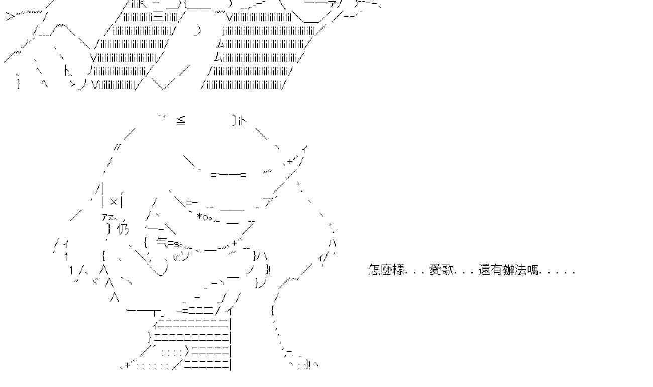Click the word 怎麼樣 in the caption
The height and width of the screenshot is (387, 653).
pos(387,270)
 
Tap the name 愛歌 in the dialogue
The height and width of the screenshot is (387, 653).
pos(442,270)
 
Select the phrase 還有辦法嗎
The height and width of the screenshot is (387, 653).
pos(508,270)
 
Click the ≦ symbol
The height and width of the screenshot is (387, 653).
pos(181,121)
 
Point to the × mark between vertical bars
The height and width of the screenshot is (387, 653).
pos(114,201)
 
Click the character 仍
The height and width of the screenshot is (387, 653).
pos(123,229)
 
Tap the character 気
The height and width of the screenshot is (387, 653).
pos(162,242)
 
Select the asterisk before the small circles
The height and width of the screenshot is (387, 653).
pos(199,216)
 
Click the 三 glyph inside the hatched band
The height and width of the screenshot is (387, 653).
pos(158,17)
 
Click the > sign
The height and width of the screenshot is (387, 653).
pos(10,16)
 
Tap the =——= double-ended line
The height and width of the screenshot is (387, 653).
pos(229,175)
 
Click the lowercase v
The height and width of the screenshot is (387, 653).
pos(176,258)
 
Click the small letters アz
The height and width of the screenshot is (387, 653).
pos(107,217)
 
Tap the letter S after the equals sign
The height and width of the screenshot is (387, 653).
pos(177,244)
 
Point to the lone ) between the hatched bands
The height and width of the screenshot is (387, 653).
pos(197,31)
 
